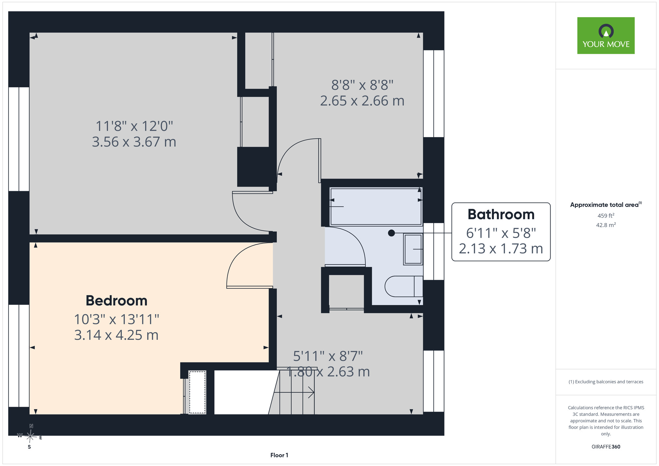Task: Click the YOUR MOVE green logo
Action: pyautogui.click(x=606, y=36)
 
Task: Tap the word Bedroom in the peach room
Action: pyautogui.click(x=116, y=301)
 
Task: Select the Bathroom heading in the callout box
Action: pyautogui.click(x=501, y=215)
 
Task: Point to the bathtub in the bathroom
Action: pyautogui.click(x=376, y=207)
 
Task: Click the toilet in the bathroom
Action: pyautogui.click(x=404, y=286)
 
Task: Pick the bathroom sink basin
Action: pyautogui.click(x=413, y=249)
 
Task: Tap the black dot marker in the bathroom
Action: pyautogui.click(x=391, y=233)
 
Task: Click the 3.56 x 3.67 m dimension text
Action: pyautogui.click(x=134, y=142)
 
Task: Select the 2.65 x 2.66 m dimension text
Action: pyautogui.click(x=362, y=101)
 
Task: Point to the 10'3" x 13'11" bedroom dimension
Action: pyautogui.click(x=117, y=319)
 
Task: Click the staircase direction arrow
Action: pyautogui.click(x=294, y=392)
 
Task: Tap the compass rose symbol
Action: pyautogui.click(x=30, y=436)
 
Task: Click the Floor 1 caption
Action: pyautogui.click(x=279, y=455)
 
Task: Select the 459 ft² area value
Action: pyautogui.click(x=606, y=216)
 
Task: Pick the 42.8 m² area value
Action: pyautogui.click(x=606, y=225)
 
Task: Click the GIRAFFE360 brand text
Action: pyautogui.click(x=606, y=447)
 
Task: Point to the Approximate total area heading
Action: pyautogui.click(x=606, y=204)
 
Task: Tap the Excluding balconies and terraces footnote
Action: pyautogui.click(x=606, y=382)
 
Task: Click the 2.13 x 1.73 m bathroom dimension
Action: pyautogui.click(x=501, y=249)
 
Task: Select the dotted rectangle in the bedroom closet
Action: pyautogui.click(x=197, y=392)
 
